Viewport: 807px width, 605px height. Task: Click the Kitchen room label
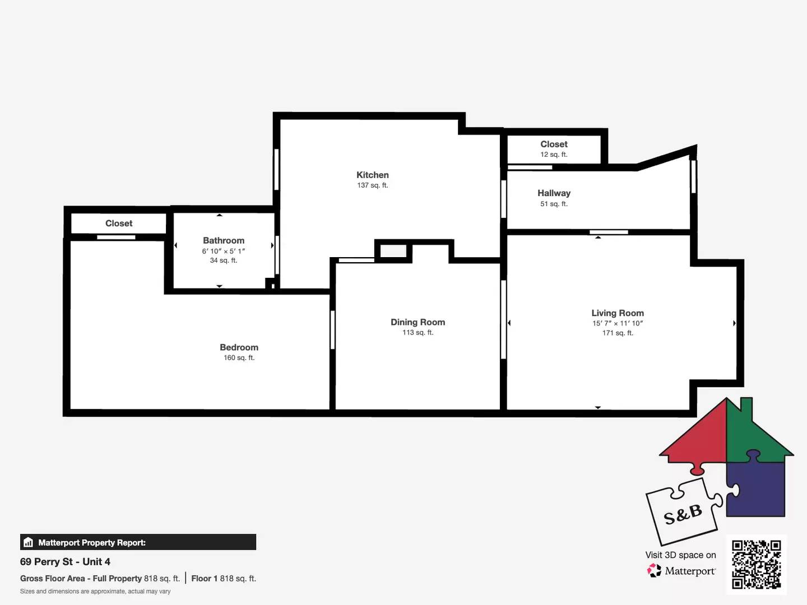372,175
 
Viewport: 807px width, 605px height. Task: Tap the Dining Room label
418,322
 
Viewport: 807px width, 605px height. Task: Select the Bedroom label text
239,347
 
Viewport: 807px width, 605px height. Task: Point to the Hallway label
554,193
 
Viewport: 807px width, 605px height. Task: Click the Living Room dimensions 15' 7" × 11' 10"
617,323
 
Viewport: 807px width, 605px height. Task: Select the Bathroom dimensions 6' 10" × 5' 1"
223,251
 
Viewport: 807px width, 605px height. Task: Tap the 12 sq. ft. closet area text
554,155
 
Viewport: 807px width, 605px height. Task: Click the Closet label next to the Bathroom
119,223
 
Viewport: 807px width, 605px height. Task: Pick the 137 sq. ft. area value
372,185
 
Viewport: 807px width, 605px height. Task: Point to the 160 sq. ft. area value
239,358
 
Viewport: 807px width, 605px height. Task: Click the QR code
756,564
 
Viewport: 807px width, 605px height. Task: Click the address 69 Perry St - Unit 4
65,562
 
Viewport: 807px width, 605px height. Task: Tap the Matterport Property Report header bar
138,542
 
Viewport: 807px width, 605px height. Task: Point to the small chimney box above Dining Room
393,251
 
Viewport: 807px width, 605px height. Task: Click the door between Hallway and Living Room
609,232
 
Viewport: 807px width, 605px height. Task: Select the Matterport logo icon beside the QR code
654,571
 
